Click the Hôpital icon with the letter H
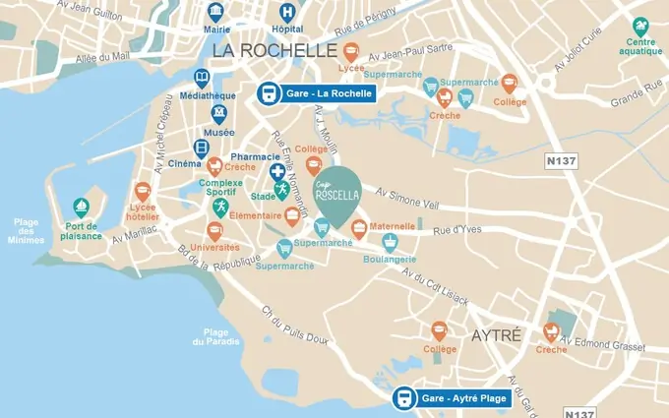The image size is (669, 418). coord(286,13)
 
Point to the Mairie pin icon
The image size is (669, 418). coord(215,11)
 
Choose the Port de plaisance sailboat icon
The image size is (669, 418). coord(81,208)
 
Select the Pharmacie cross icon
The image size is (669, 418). coord(278,171)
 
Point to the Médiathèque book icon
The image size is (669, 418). coord(203,78)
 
